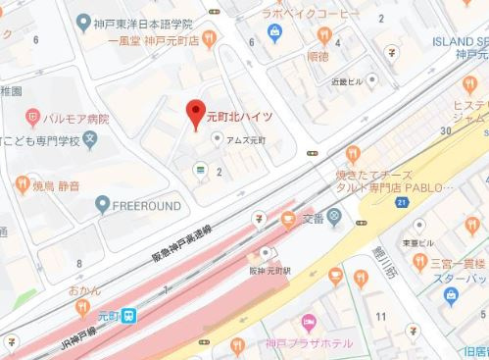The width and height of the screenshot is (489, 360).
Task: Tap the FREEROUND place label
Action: point(147,205)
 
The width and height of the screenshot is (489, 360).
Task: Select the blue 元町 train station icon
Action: point(130,316)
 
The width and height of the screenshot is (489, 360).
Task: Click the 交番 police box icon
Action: point(335,216)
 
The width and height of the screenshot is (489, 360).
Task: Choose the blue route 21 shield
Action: point(403,201)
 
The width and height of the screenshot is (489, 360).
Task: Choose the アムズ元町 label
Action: point(240,139)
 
